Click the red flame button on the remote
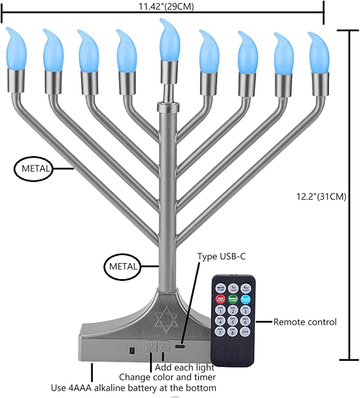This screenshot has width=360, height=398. pos(220,299)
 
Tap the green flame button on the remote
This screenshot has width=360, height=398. pos(233,299)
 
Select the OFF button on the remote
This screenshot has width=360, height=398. pos(245,331)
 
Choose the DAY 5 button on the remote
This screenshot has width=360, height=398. pos(233,321)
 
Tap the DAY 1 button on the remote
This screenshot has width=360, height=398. pos(220,310)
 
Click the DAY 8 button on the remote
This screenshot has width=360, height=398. pos(233,331)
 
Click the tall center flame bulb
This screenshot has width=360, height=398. pos(169,41)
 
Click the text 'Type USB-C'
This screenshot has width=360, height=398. pos(222,257)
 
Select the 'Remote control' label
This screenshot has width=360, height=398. pos(304,322)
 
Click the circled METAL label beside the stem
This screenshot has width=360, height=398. pos(122,265)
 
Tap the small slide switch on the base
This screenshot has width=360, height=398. pos(131,350)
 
